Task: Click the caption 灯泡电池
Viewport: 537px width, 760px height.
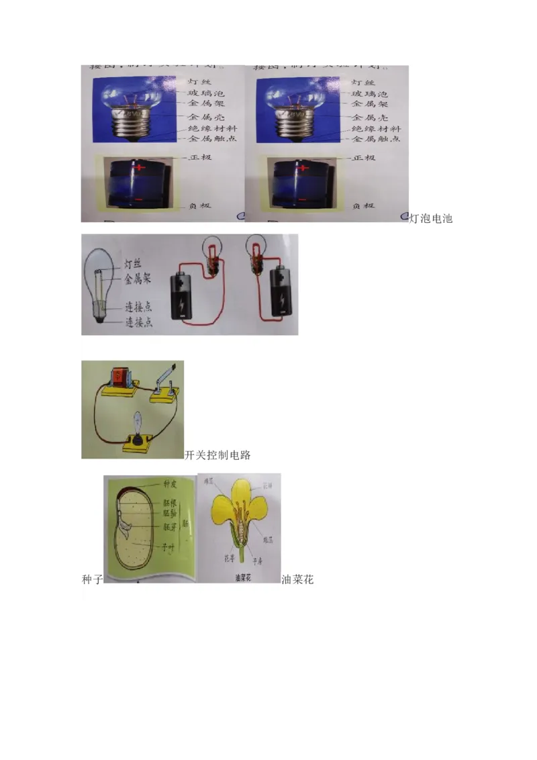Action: (431, 218)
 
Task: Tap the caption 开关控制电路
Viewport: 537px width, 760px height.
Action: (217, 455)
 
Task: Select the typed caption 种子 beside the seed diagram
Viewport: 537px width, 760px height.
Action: (92, 579)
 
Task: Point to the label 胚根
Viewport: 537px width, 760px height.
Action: (169, 502)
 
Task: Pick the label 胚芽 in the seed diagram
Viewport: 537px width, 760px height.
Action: (169, 527)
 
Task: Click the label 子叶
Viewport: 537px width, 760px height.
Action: (168, 547)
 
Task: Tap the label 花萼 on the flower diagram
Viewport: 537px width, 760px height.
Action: (229, 557)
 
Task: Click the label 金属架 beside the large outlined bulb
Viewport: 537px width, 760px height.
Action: (138, 277)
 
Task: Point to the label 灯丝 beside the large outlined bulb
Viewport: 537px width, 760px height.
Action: (133, 263)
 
